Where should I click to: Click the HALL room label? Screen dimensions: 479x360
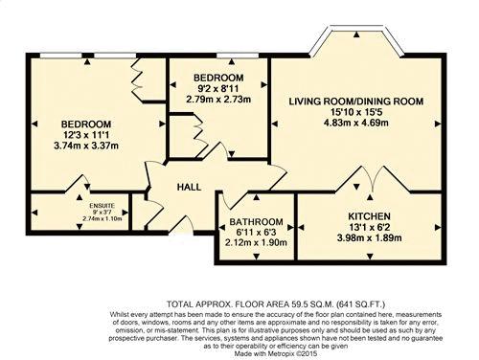pos(189,187)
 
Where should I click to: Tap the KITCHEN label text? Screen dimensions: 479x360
pos(369,216)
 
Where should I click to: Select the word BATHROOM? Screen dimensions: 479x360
pos(256,222)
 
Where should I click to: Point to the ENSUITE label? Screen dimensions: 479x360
pos(102,206)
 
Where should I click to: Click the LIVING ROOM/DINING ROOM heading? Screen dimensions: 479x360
pos(356,101)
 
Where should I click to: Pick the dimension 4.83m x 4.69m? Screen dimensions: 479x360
pos(356,123)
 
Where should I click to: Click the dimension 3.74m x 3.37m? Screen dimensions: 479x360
pos(86,146)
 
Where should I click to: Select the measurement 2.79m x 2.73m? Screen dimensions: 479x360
pos(218,100)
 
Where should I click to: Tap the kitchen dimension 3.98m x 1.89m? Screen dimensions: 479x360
pos(369,238)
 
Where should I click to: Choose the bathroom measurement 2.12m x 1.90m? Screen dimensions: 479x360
pos(256,242)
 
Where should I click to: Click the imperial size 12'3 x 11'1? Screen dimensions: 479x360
pos(86,135)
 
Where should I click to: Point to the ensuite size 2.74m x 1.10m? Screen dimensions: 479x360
pos(102,218)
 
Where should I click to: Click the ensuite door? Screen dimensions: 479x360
pos(78,183)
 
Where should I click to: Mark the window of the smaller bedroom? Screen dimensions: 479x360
pos(238,56)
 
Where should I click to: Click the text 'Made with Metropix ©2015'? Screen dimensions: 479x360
pos(275,353)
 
